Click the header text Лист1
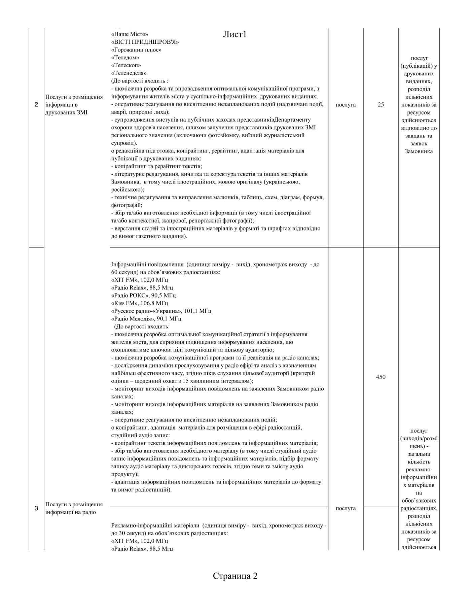pyautogui.click(x=235, y=34)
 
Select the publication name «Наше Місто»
pyautogui.click(x=130, y=34)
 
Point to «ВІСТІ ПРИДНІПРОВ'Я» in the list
pyautogui.click(x=145, y=42)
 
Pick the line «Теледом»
pyautogui.click(x=125, y=58)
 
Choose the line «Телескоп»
pyautogui.click(x=126, y=65)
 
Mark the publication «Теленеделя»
pyautogui.click(x=129, y=73)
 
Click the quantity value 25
pyautogui.click(x=381, y=105)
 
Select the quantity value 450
pyautogui.click(x=381, y=377)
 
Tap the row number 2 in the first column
pyautogui.click(x=36, y=105)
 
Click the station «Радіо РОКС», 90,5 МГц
pyautogui.click(x=143, y=296)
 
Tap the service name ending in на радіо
pyautogui.click(x=74, y=508)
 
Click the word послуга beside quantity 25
pyautogui.click(x=346, y=105)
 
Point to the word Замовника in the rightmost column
pyautogui.click(x=419, y=151)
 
